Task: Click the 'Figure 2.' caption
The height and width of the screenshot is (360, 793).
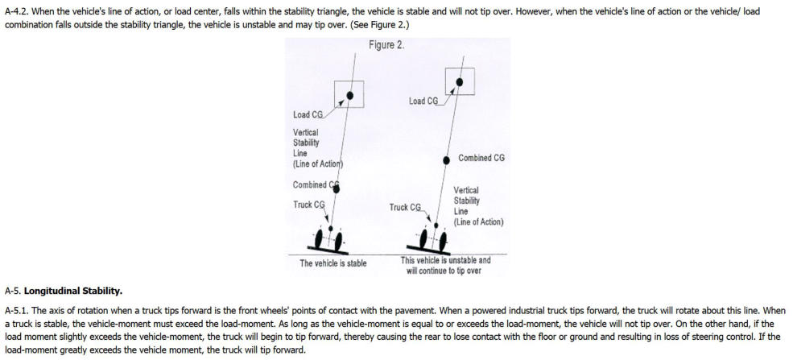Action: click(387, 45)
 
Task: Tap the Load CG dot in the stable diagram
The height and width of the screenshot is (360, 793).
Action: click(350, 96)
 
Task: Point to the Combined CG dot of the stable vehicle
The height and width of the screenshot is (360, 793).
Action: click(336, 186)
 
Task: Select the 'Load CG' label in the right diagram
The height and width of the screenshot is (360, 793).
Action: click(423, 101)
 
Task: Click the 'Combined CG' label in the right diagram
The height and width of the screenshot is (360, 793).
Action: click(481, 159)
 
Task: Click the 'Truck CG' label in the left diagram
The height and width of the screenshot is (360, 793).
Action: click(308, 205)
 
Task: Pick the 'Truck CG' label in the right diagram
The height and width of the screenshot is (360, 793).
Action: click(405, 207)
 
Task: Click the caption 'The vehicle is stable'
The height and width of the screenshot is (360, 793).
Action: click(332, 263)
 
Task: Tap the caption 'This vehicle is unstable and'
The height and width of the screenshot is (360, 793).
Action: click(445, 260)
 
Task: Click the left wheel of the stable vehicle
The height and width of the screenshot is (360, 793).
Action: click(319, 239)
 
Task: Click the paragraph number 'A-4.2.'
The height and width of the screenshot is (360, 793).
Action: click(17, 8)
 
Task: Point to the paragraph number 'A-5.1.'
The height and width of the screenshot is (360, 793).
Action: click(17, 310)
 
